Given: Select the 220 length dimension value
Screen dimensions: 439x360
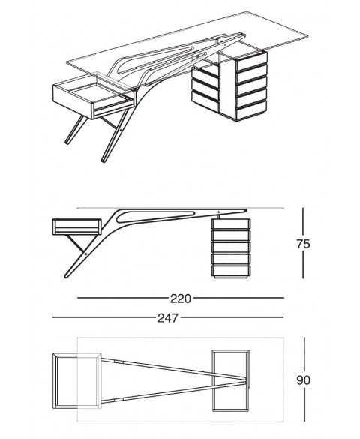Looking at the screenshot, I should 180,299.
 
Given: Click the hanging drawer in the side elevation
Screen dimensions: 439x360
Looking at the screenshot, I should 76,226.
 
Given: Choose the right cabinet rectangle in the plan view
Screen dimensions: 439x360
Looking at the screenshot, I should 231,380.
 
